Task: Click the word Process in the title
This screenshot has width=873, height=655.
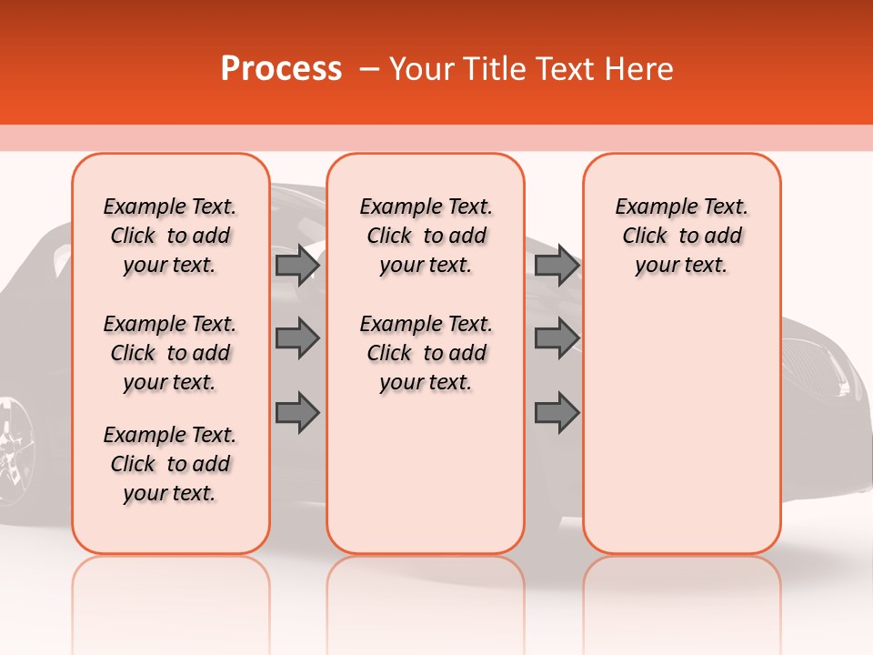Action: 281,69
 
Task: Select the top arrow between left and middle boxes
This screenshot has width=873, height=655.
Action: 297,265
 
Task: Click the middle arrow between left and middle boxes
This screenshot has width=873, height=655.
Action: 297,338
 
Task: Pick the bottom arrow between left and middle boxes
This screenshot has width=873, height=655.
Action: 297,412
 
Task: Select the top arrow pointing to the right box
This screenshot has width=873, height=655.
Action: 557,265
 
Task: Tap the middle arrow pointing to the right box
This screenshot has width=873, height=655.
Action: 557,338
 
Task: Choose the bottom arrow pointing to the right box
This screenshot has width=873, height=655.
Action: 557,412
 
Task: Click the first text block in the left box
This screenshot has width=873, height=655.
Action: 170,236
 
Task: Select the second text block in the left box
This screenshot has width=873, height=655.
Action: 170,353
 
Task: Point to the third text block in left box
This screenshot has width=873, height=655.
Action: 170,464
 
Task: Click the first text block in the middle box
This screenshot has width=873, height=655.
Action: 426,236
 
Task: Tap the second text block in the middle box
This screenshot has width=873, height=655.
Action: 426,353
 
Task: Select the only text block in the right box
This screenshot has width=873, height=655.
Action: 681,236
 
